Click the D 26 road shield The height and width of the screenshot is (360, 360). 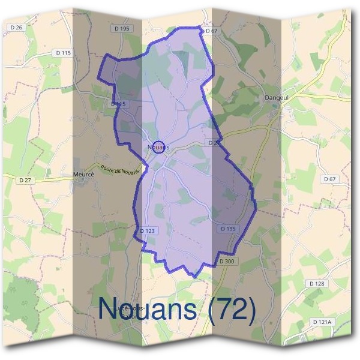17,28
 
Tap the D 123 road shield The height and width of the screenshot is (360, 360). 148,230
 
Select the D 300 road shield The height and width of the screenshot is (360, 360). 226,261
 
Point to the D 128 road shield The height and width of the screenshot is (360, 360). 317,283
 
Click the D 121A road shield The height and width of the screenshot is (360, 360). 322,322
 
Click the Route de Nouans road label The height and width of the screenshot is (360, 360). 120,170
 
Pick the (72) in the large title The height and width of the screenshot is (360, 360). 230,308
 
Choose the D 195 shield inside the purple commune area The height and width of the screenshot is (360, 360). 227,229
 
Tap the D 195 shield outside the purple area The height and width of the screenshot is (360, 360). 121,28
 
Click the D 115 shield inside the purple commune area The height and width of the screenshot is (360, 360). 119,104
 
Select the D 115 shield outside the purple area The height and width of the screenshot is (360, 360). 62,53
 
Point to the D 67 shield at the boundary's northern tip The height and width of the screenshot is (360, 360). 210,31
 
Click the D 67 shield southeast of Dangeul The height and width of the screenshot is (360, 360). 329,179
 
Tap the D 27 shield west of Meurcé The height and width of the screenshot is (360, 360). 25,179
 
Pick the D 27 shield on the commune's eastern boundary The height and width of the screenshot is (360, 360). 213,143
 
